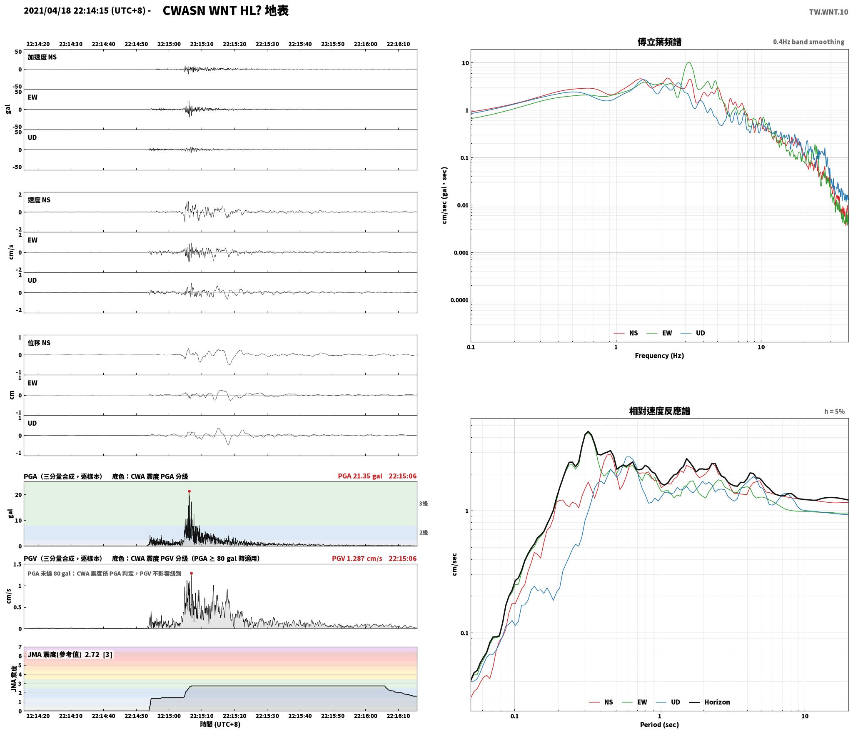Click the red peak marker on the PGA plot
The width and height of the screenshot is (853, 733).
(x=189, y=491)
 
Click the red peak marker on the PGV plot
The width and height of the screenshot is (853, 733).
(x=191, y=573)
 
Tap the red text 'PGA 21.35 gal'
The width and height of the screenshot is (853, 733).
(x=360, y=476)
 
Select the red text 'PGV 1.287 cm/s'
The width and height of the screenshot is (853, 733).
(x=357, y=558)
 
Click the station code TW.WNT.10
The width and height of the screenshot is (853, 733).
(x=828, y=12)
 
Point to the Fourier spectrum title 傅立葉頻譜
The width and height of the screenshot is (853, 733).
(x=659, y=42)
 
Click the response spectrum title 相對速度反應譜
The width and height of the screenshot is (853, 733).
(x=659, y=411)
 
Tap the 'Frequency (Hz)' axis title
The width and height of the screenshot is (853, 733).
(x=659, y=355)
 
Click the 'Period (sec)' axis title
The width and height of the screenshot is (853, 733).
(x=659, y=725)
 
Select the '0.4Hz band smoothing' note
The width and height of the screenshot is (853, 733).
(x=809, y=42)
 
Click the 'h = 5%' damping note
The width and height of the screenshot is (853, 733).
(x=834, y=411)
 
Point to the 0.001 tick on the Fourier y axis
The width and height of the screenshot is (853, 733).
(x=461, y=253)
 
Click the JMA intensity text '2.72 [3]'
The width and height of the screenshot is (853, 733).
(x=99, y=654)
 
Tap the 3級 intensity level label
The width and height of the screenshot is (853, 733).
(x=423, y=504)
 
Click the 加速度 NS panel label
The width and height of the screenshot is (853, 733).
(x=42, y=57)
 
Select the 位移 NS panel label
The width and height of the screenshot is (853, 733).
(x=39, y=343)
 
